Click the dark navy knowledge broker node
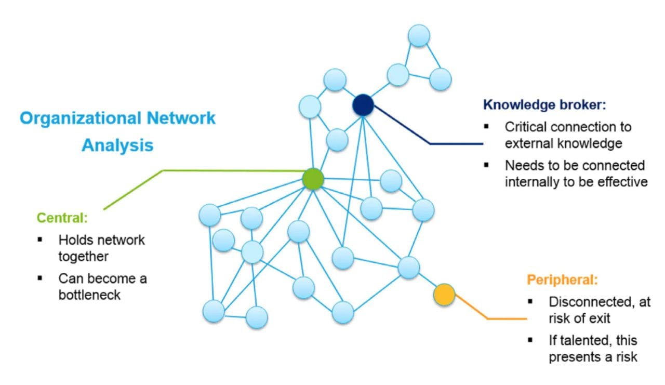click(363, 105)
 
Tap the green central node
click(313, 179)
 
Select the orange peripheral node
click(444, 295)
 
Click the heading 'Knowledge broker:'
click(544, 104)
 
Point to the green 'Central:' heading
click(62, 218)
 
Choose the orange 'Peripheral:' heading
click(563, 280)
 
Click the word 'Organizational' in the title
click(79, 118)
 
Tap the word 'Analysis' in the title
click(117, 145)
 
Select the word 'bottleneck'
click(89, 295)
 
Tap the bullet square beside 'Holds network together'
click(39, 240)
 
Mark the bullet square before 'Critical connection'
click(486, 126)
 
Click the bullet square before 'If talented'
click(530, 340)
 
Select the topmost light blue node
click(419, 35)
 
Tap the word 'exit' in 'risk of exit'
click(601, 318)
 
